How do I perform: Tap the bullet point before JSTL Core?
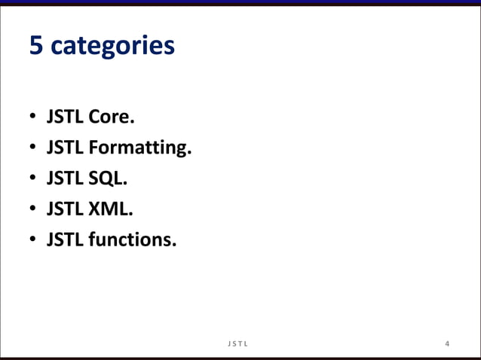(x=32, y=118)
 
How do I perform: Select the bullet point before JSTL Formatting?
(x=32, y=149)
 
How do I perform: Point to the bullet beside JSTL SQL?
(x=32, y=180)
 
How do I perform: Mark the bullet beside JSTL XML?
(x=32, y=210)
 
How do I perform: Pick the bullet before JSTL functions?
(x=32, y=241)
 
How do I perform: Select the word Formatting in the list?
(x=139, y=149)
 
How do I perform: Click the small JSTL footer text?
(x=240, y=344)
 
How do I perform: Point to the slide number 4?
(x=448, y=344)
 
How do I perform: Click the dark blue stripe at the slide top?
(x=240, y=3)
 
